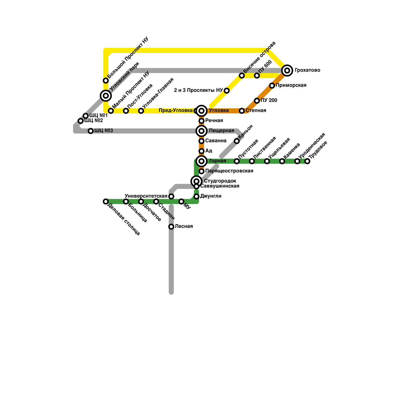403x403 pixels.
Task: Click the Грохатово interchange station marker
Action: click(x=287, y=70)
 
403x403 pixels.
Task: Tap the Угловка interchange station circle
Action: click(x=201, y=111)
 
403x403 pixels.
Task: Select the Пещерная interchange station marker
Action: click(x=201, y=131)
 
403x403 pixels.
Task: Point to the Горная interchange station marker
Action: click(x=201, y=161)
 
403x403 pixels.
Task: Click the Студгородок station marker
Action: click(x=196, y=181)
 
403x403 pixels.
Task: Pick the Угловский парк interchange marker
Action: click(x=106, y=95)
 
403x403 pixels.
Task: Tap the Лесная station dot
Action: click(x=171, y=227)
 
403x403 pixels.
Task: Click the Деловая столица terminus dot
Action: click(x=106, y=201)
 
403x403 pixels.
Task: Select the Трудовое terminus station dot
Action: click(x=307, y=161)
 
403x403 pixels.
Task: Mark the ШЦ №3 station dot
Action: click(x=91, y=131)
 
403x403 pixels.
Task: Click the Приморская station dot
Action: click(x=272, y=86)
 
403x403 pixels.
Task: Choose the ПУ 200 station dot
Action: click(x=257, y=101)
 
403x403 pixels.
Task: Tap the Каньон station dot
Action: click(x=237, y=141)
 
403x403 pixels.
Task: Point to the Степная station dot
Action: click(x=242, y=111)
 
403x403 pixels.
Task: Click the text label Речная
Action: click(x=214, y=121)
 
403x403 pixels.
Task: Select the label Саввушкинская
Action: click(x=220, y=186)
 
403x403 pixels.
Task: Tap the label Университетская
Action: click(x=146, y=196)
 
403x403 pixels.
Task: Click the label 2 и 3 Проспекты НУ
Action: click(x=198, y=90)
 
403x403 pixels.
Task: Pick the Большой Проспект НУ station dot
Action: click(x=106, y=81)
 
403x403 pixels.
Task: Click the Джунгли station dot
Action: click(x=196, y=196)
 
